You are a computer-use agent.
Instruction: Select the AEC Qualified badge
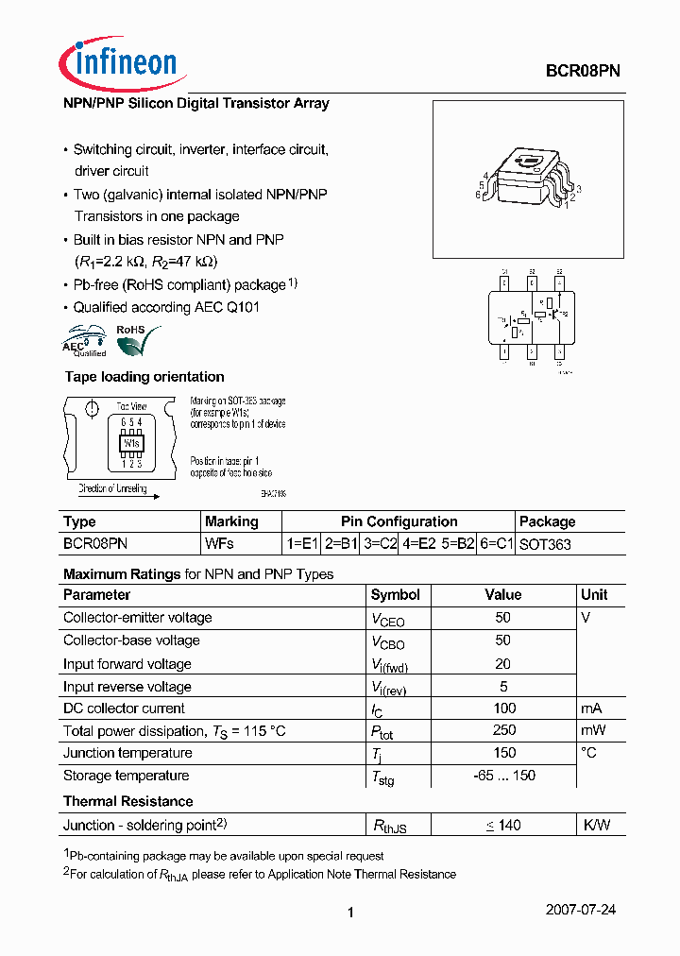[x=85, y=342]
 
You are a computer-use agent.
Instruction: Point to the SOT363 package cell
[x=545, y=544]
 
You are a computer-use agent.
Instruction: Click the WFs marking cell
[x=219, y=544]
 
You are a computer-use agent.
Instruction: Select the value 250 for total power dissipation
[x=504, y=730]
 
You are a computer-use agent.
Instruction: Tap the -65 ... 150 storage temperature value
[x=504, y=776]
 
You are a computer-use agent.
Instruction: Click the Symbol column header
[x=396, y=594]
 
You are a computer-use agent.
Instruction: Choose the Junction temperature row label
[x=127, y=753]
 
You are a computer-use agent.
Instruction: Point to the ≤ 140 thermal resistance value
[x=504, y=825]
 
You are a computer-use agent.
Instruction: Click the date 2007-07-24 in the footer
[x=581, y=910]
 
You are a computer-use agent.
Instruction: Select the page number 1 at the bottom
[x=350, y=913]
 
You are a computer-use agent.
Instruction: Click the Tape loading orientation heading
[x=144, y=377]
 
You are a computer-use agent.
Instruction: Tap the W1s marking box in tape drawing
[x=130, y=442]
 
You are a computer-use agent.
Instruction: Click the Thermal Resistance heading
[x=127, y=801]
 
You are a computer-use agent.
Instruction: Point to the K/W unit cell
[x=596, y=825]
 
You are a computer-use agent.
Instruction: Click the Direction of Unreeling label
[x=112, y=488]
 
